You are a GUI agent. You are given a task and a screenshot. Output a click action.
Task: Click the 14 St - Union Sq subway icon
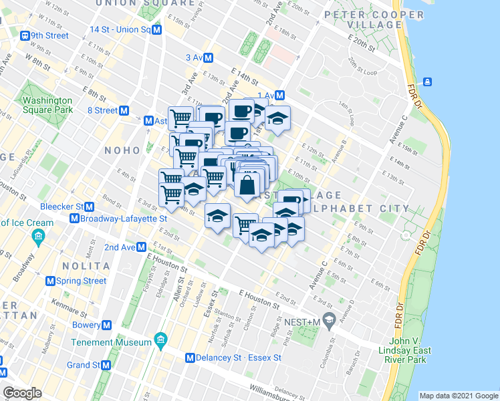click(x=156, y=30)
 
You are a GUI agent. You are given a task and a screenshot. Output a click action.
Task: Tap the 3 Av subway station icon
click(x=209, y=58)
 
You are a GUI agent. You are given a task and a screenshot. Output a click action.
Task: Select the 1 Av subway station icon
click(x=280, y=96)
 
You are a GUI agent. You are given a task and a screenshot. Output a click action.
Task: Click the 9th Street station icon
click(x=25, y=35)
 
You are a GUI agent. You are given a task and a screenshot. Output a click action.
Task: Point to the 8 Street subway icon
click(x=124, y=110)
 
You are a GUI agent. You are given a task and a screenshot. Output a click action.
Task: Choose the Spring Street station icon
click(x=50, y=281)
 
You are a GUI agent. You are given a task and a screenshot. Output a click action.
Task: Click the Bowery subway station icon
click(x=107, y=325)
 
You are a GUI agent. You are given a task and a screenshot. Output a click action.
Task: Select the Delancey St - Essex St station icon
click(x=191, y=358)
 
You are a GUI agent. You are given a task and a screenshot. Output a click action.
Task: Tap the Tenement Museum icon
click(x=160, y=342)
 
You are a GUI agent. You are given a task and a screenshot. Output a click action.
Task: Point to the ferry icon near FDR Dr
click(x=426, y=82)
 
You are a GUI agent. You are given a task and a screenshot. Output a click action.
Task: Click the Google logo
click(x=23, y=393)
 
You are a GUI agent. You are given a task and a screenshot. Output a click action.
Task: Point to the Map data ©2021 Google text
click(x=458, y=396)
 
